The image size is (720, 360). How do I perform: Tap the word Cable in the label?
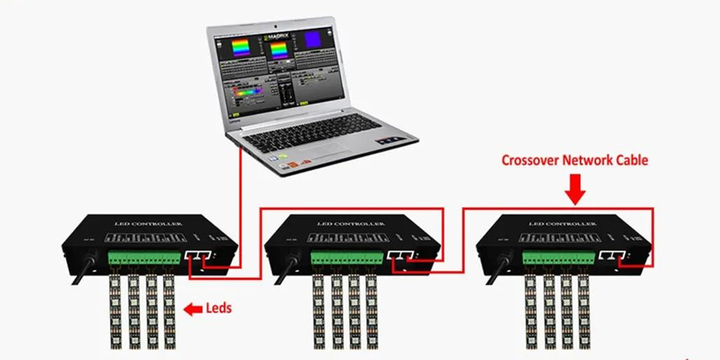[629, 160]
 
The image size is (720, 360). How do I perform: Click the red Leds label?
[218, 309]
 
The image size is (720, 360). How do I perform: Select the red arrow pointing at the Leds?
[193, 310]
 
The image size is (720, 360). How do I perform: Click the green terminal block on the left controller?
[144, 257]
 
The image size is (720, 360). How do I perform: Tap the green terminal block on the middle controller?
[346, 257]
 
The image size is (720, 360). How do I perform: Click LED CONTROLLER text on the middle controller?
[350, 224]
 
